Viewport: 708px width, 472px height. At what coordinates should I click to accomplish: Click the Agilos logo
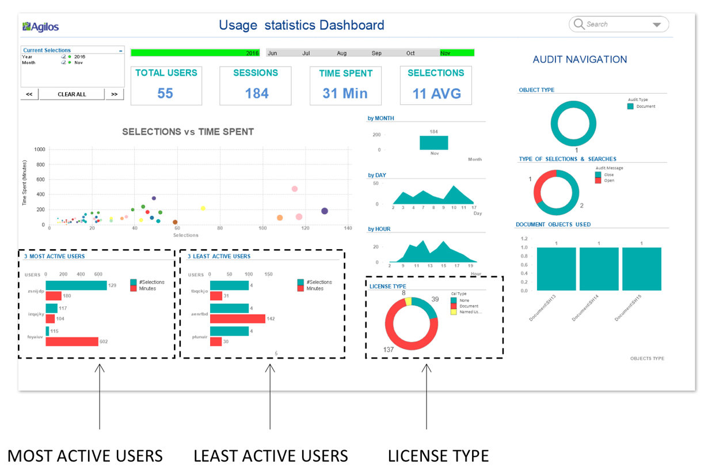40,26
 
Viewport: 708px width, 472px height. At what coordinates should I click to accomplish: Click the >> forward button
115,94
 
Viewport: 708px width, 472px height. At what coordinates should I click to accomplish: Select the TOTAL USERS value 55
165,93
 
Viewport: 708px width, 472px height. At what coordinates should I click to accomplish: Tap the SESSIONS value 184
256,93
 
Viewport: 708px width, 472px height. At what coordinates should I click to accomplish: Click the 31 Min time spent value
345,93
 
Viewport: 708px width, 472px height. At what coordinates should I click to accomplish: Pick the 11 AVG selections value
436,93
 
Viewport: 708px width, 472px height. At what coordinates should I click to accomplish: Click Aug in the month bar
342,53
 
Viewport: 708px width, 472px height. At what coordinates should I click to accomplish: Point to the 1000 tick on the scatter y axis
40,149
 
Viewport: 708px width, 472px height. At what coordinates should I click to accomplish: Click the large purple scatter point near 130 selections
325,211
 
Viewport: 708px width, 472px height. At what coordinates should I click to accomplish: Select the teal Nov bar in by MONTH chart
433,143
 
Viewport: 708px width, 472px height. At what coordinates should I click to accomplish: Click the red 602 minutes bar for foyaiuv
72,342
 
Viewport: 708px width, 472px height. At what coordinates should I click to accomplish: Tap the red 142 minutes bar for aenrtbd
237,319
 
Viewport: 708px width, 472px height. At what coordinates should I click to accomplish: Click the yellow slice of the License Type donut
409,301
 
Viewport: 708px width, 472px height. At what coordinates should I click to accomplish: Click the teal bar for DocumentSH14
599,269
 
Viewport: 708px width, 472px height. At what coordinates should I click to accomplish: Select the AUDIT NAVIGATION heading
580,59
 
